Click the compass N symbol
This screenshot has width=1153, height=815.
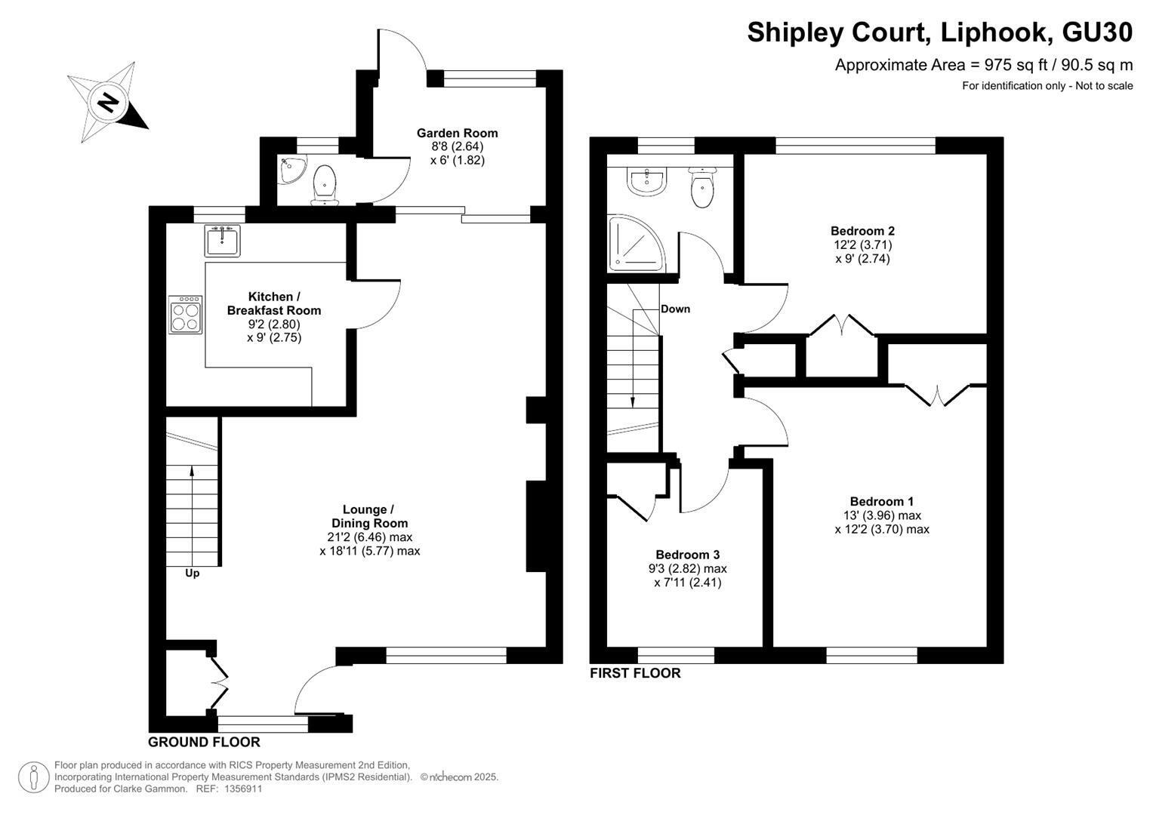[109, 103]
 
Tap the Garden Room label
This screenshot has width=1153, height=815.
[457, 134]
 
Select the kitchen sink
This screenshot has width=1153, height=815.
[222, 240]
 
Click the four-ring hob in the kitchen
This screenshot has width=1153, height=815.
[185, 315]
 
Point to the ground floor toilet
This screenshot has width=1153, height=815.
[325, 185]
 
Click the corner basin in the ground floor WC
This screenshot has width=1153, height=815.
[291, 169]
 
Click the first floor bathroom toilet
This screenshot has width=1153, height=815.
[702, 187]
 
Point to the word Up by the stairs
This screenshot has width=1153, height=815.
[192, 574]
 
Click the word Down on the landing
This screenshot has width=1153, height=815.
[675, 309]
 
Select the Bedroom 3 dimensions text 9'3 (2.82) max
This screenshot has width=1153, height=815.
[688, 568]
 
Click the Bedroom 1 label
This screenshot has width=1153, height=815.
[882, 501]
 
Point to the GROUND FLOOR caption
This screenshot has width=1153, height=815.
[204, 742]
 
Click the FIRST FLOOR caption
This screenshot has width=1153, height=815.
[635, 673]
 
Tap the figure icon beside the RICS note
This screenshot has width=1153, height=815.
[34, 777]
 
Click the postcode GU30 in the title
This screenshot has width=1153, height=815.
[1097, 32]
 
